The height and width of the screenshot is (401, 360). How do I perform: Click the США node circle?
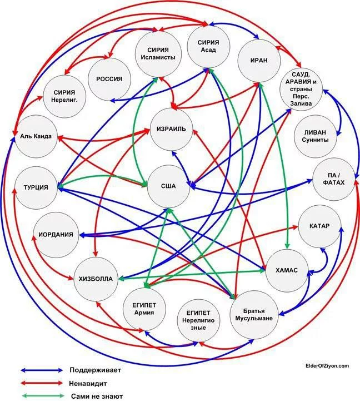click(169, 186)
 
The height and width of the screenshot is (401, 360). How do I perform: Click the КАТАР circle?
click(319, 226)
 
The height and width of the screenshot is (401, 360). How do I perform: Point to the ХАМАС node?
click(287, 270)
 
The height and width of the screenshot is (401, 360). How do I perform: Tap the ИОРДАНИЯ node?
click(56, 234)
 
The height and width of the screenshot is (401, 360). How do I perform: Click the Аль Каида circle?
click(35, 136)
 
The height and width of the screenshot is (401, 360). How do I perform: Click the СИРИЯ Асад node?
click(208, 45)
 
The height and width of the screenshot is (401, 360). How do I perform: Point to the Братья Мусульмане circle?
click(258, 314)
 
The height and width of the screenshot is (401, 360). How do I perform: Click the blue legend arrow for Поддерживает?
click(42, 370)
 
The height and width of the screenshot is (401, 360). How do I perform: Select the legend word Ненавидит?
click(89, 383)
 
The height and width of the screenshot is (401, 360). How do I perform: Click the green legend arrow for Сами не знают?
click(42, 397)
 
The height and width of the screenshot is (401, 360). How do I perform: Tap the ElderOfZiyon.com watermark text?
click(327, 365)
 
